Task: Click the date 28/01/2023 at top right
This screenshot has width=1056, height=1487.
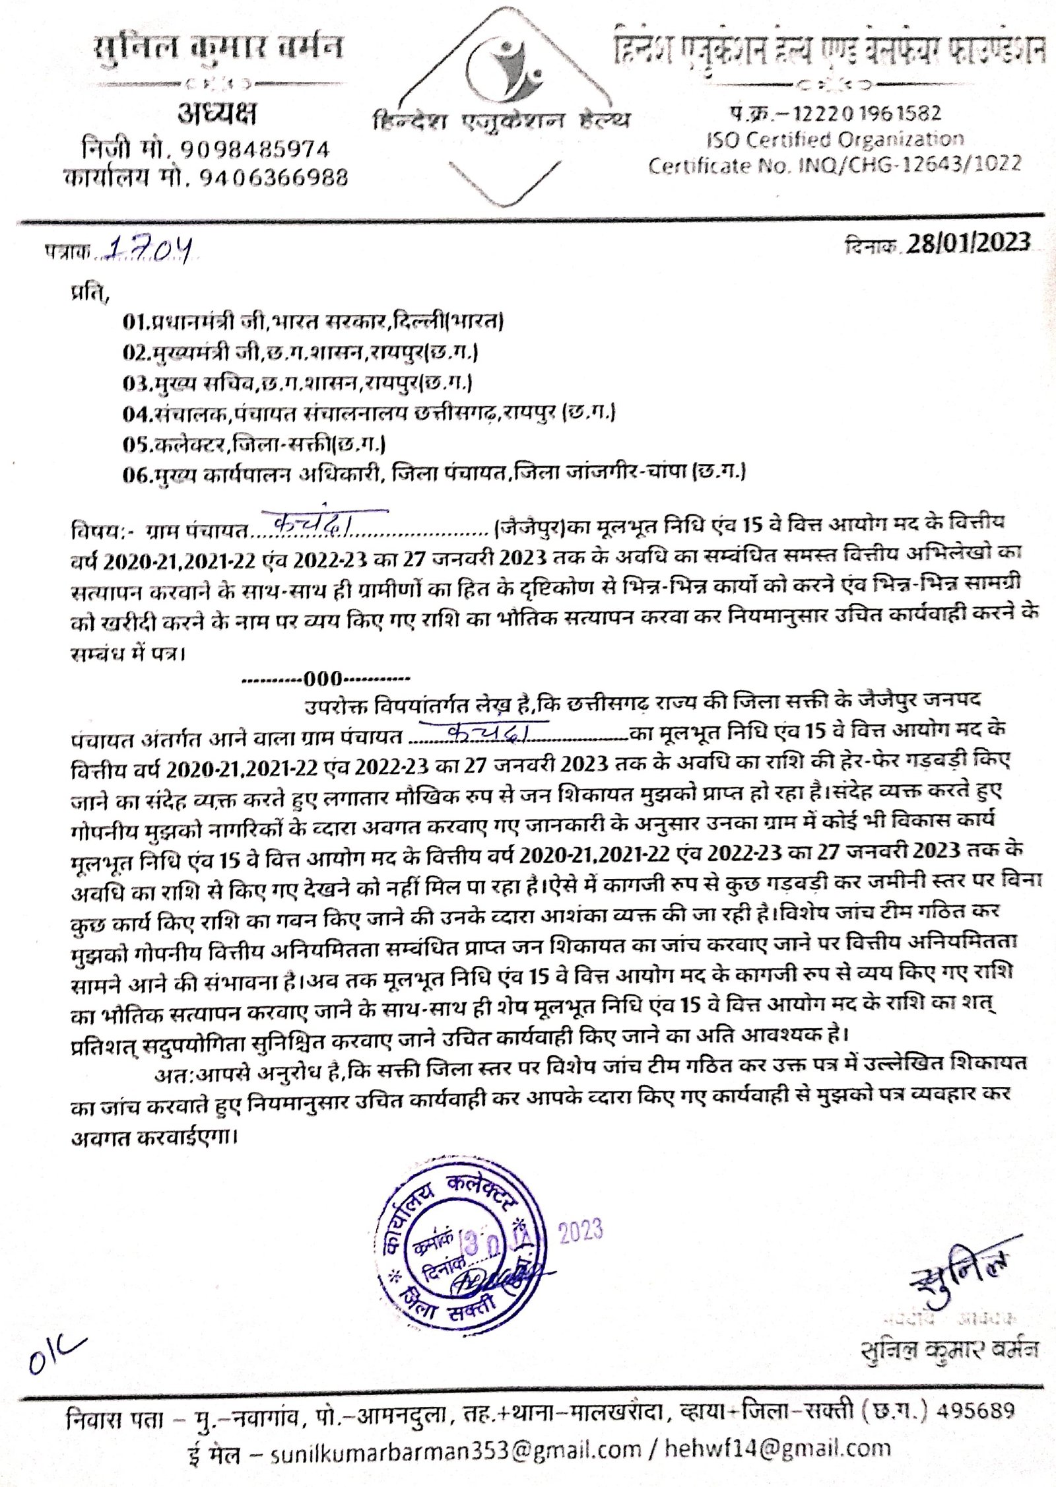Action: (x=968, y=244)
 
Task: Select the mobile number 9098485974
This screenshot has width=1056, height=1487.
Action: (x=255, y=150)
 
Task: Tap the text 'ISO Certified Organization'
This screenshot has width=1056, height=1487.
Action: (x=835, y=139)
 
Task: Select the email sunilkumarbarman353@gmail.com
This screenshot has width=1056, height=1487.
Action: (x=455, y=1449)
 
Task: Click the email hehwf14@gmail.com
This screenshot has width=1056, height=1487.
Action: (x=777, y=1449)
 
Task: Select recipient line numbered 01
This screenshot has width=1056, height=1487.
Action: (x=313, y=322)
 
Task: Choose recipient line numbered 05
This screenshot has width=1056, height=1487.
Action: (x=254, y=444)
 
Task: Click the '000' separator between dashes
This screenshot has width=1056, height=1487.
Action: (x=323, y=679)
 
